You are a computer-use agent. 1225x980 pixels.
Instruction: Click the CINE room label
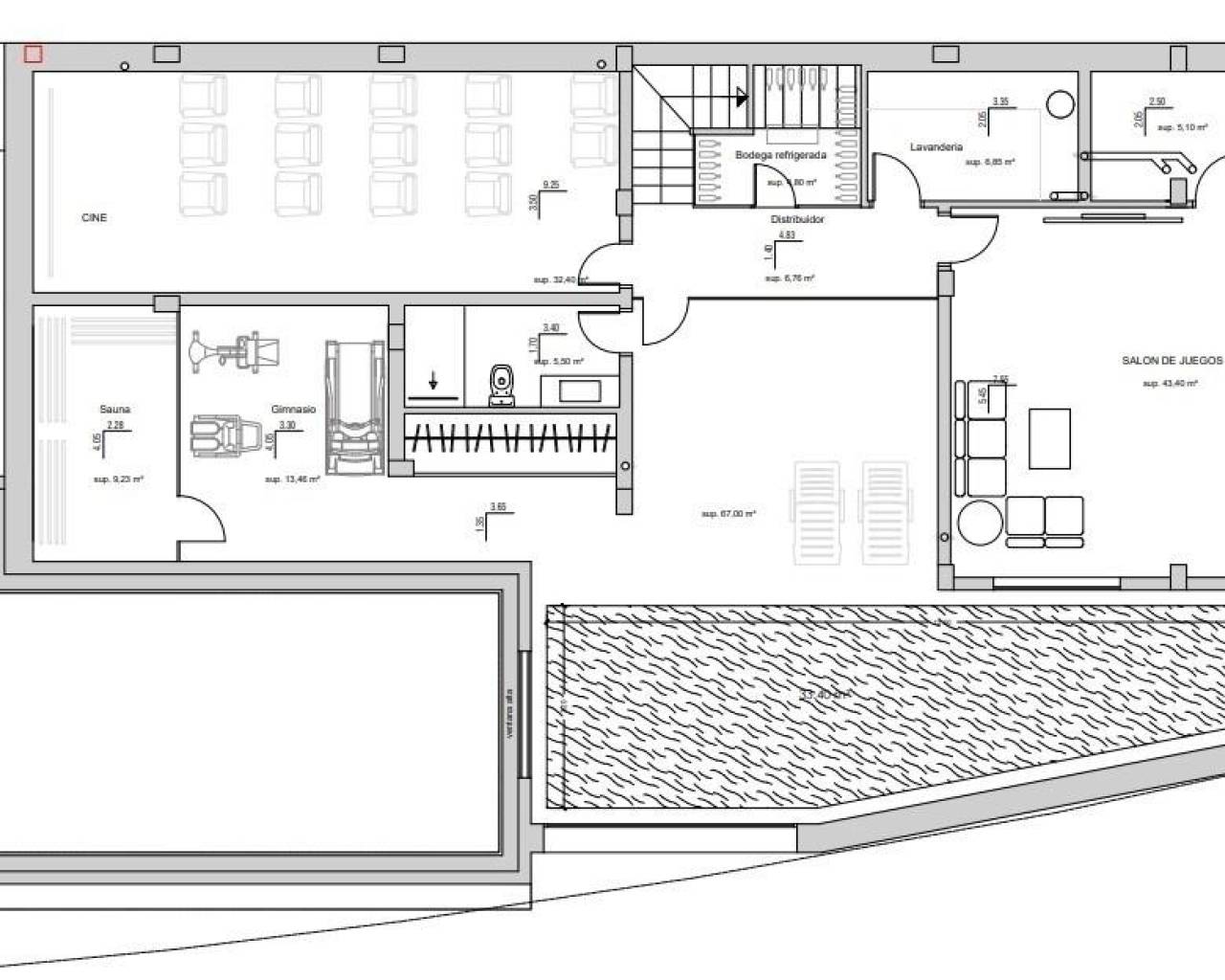94,218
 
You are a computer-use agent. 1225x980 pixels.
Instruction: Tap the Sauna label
115,410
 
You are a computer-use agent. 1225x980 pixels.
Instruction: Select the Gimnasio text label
293,410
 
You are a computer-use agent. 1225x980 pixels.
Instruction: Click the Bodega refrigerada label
780,154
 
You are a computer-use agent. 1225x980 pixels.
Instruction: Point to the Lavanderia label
936,147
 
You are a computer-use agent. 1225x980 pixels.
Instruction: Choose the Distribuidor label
797,220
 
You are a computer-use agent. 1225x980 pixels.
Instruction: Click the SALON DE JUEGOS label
1171,361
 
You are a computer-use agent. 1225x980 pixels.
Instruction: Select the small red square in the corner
33,55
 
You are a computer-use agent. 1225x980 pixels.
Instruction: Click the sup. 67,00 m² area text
728,514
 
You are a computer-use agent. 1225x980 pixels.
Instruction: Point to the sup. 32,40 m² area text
560,280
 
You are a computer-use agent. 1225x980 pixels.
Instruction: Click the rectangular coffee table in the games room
1050,437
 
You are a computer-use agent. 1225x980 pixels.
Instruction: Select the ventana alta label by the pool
510,714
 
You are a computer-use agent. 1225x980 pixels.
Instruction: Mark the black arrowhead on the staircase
742,97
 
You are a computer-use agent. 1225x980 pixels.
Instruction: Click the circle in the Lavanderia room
1059,102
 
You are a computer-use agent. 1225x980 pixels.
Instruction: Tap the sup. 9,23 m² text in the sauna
119,479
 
